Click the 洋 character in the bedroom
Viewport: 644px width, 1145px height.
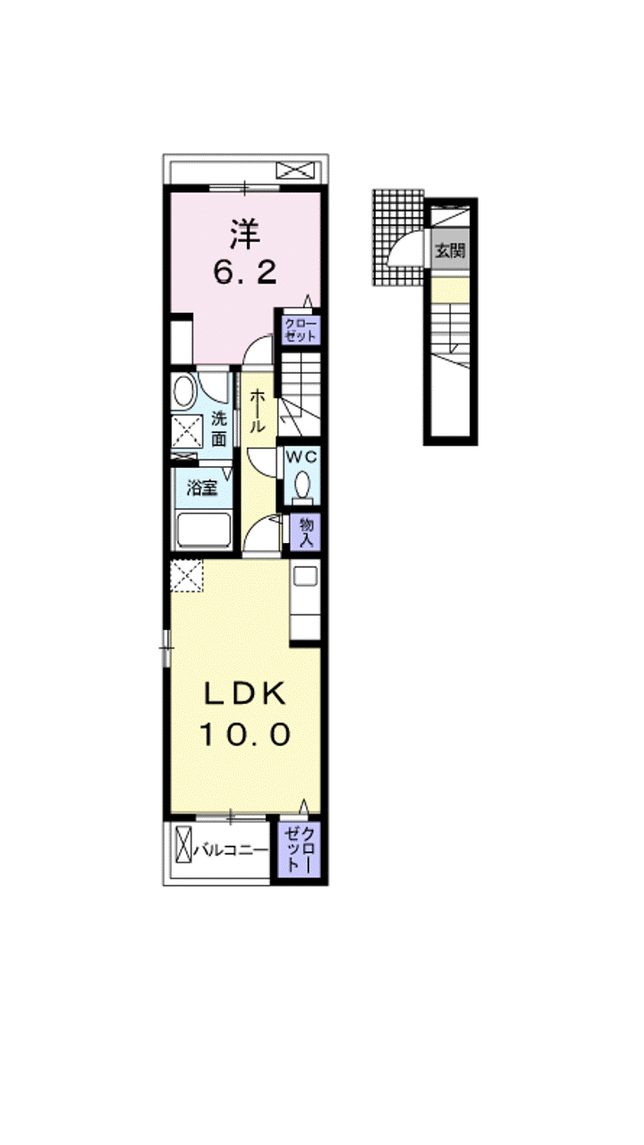244,234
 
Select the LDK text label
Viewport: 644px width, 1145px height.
245,695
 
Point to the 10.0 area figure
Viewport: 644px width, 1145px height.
245,734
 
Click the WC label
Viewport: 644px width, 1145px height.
302,456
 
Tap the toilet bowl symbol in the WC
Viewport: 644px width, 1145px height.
302,482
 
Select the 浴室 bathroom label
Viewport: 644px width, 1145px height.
202,488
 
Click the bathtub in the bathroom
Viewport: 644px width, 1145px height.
203,530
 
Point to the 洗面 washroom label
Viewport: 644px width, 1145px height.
219,429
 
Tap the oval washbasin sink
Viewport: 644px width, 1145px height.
184,391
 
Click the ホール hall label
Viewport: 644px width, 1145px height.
257,411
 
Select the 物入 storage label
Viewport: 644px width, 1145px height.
306,531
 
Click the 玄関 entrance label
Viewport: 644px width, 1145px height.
450,250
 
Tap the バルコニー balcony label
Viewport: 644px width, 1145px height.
231,851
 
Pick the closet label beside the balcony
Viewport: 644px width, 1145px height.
300,850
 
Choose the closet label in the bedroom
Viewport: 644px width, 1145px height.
300,330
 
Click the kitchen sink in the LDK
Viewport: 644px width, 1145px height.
305,575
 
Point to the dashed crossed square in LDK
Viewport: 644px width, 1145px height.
187,575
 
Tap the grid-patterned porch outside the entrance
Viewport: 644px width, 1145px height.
398,237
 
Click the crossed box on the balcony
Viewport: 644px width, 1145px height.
183,851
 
